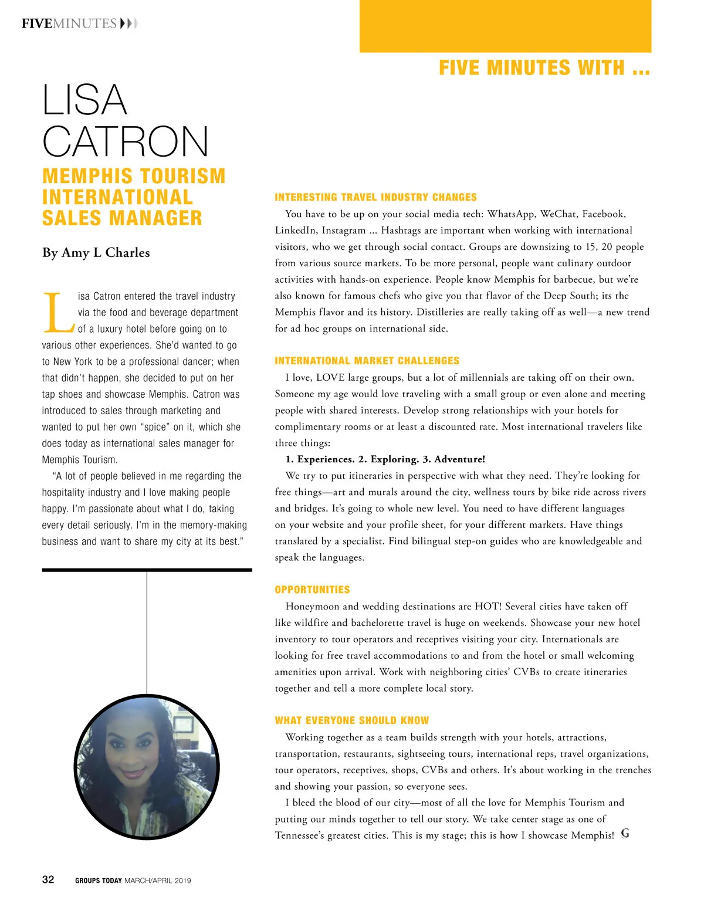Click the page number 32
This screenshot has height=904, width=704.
(x=48, y=879)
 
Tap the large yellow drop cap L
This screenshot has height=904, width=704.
(x=59, y=312)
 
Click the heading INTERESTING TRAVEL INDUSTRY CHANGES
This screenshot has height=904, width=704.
(x=375, y=197)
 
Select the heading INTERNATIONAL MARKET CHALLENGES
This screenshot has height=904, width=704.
(x=367, y=361)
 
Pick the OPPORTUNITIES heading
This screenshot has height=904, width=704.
(x=312, y=590)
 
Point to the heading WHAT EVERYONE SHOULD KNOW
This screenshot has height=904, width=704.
(x=351, y=720)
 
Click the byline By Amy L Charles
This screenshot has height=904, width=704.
(x=96, y=253)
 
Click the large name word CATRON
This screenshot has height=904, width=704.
(x=126, y=141)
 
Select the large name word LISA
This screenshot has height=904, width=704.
(x=84, y=100)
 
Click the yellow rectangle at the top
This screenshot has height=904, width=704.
(x=505, y=26)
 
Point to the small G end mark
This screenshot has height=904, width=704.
(x=625, y=834)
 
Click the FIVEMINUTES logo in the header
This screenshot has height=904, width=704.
(x=69, y=23)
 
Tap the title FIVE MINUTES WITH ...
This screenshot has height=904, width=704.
(x=544, y=68)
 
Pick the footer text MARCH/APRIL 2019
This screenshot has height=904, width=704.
(x=158, y=881)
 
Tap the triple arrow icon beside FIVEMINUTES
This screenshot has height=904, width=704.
(x=128, y=23)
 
